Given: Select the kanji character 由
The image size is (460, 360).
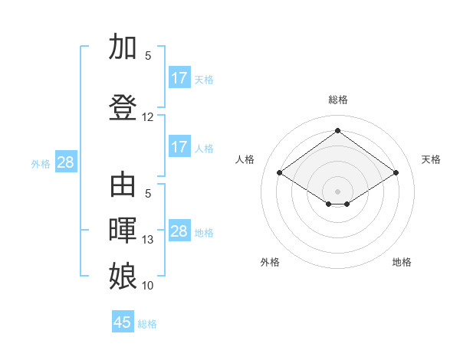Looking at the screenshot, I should tap(123, 186).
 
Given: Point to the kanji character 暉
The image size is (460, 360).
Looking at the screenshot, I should tap(123, 231).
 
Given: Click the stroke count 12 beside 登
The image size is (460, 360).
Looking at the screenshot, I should tap(148, 117).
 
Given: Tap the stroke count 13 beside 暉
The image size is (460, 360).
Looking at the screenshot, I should tap(148, 240).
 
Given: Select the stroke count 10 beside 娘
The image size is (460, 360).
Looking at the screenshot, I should tap(148, 286).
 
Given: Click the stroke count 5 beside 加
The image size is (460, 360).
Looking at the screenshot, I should tap(148, 56).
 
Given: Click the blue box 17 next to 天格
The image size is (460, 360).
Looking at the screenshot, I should tap(179, 78).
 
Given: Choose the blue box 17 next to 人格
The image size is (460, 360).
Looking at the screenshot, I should tap(179, 147).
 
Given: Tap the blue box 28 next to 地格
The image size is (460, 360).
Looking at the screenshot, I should tap(179, 231).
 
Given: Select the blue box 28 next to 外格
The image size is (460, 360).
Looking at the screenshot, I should tap(65, 162).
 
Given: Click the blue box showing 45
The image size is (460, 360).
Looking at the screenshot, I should tap(123, 322).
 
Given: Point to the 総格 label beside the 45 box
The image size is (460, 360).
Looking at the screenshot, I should tap(147, 324).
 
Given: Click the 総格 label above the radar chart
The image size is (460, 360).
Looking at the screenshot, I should tap(337, 100).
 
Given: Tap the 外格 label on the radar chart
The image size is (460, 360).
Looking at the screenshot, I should tap(269, 262).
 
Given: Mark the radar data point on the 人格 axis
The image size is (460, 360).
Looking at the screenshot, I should tap(280, 173).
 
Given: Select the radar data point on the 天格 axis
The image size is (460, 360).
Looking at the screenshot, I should tap(396, 173).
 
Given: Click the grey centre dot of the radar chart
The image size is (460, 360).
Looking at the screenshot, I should tap(337, 191).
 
